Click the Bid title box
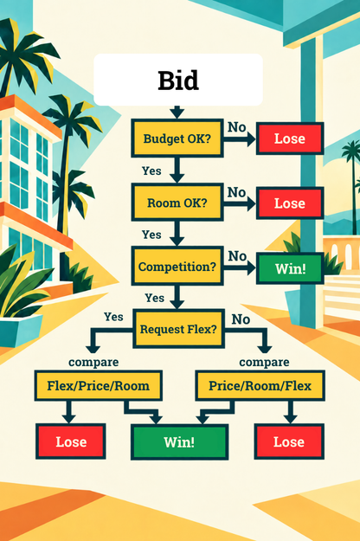178,80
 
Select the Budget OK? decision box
177,138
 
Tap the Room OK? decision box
177,203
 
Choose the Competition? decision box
177,267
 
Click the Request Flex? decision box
178,329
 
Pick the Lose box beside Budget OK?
290,138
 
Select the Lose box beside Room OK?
290,203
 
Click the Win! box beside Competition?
290,268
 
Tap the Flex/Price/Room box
99,385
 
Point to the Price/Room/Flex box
260,385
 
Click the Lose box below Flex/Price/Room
71,441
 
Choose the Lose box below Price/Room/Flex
289,441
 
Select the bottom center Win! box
179,442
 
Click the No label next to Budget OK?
236,127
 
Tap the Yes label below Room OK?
151,235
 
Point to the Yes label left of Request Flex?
113,317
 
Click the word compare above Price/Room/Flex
264,362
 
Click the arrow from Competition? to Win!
240,268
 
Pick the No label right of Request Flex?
241,319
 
